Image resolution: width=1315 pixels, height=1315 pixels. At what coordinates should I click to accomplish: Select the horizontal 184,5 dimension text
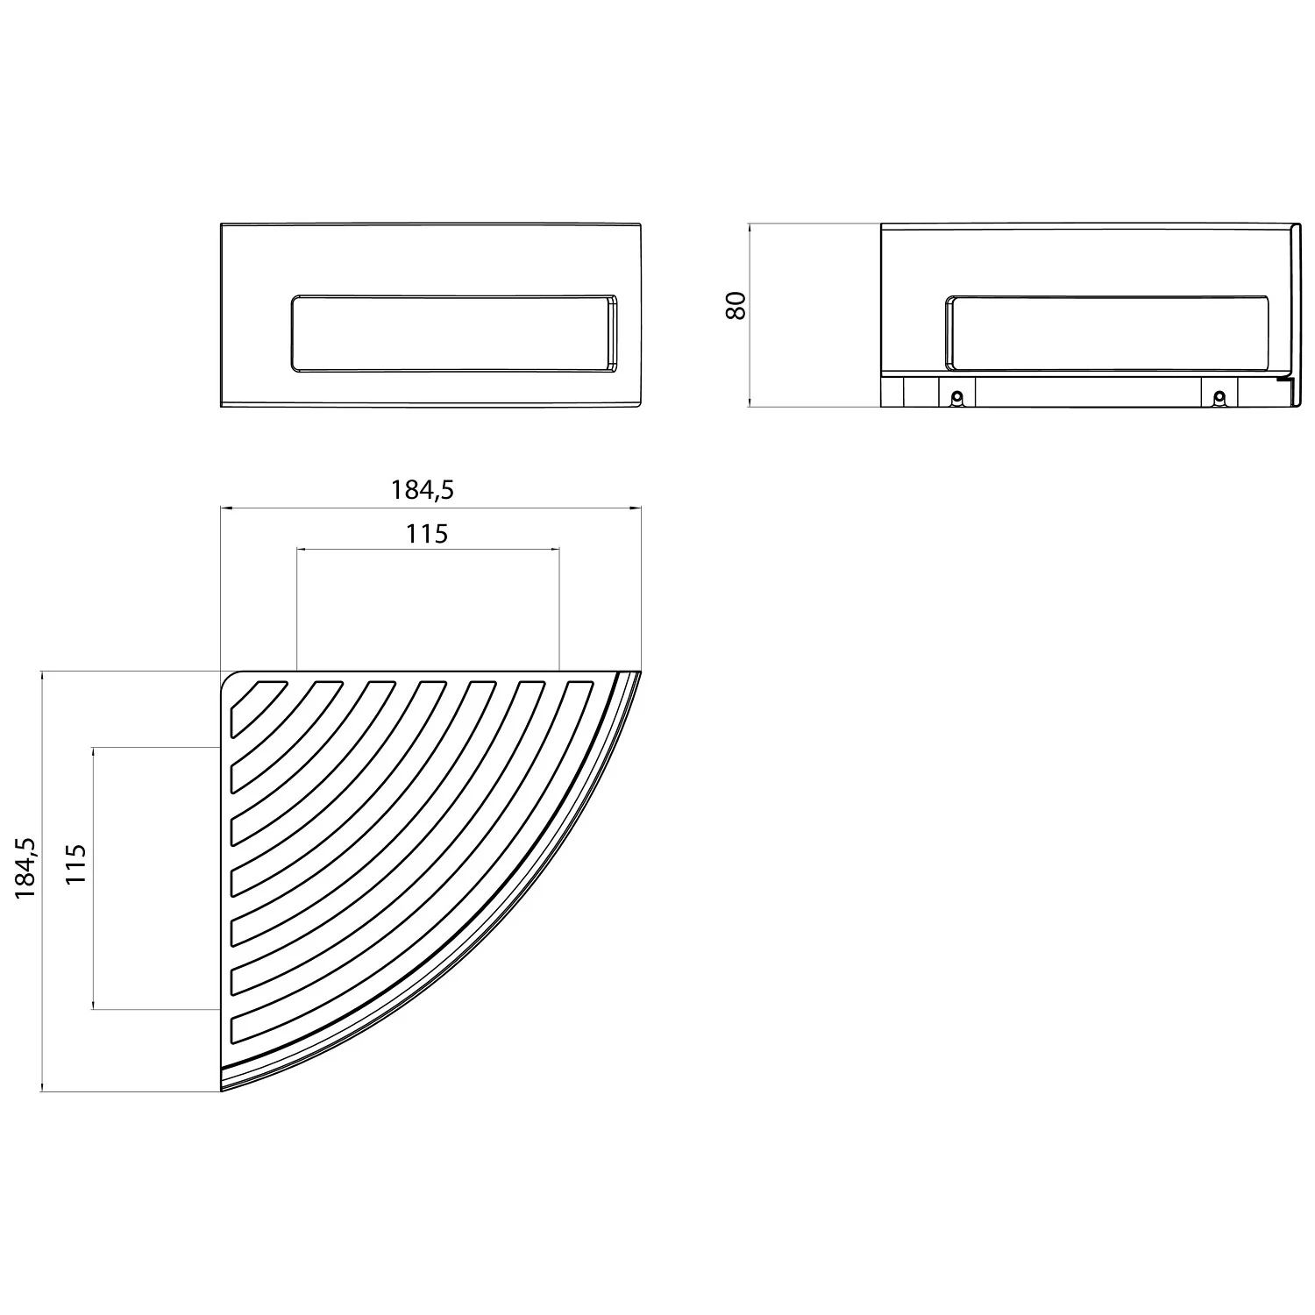(x=423, y=489)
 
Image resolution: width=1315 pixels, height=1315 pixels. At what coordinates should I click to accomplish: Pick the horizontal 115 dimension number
(x=427, y=533)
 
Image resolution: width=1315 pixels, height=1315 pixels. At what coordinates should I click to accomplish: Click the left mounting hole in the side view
(x=957, y=398)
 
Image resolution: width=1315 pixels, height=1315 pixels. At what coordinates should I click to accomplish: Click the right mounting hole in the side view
(x=1218, y=398)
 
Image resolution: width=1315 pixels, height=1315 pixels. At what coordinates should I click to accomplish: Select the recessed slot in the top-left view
(x=454, y=334)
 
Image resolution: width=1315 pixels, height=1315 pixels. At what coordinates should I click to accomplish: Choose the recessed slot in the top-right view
(x=1106, y=334)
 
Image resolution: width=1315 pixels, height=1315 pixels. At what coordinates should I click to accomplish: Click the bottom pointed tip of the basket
(x=223, y=1089)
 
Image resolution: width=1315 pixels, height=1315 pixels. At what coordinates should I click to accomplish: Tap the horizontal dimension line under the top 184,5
(x=526, y=508)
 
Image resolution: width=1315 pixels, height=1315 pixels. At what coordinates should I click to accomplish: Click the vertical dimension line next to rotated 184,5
(x=42, y=964)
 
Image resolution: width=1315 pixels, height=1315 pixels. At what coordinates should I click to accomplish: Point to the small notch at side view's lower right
(x=1283, y=380)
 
